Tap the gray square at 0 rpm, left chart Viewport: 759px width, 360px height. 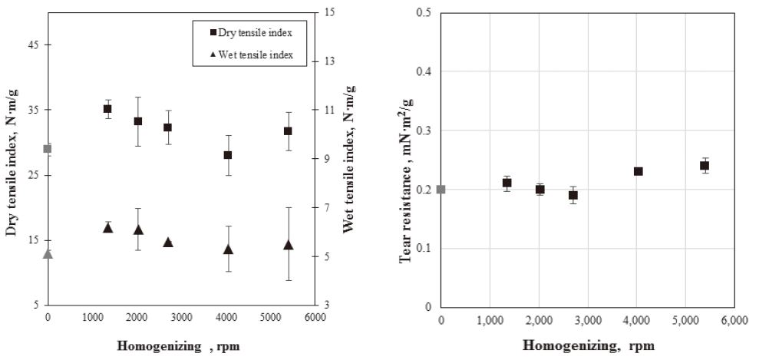(x=48, y=148)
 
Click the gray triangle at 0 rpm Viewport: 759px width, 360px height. (x=48, y=253)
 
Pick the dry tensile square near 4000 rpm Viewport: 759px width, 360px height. (x=228, y=155)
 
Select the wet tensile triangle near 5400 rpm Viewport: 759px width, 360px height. (x=288, y=245)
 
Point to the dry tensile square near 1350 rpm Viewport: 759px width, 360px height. (x=107, y=109)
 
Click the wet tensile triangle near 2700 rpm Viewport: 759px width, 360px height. (x=168, y=242)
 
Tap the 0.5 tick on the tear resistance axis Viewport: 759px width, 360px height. (x=424, y=13)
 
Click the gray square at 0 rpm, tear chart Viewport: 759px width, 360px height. (x=441, y=190)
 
